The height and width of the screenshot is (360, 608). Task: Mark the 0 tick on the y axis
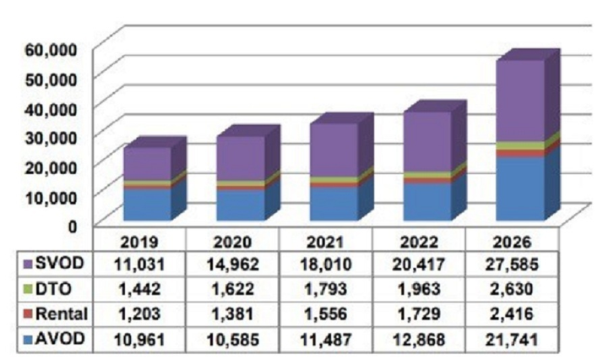[72, 225]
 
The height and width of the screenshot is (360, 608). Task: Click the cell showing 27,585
[518, 263]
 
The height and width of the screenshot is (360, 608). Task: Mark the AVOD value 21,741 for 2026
[518, 341]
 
